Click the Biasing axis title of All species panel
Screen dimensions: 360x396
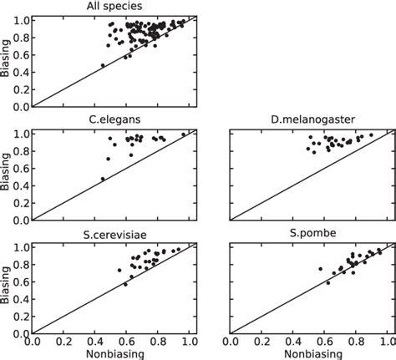[7, 61]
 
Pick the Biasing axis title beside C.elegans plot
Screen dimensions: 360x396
[7, 175]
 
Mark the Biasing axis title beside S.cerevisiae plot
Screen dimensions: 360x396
[7, 289]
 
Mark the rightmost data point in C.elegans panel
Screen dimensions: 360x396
[184, 134]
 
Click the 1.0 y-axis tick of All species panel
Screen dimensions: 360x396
[21, 19]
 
